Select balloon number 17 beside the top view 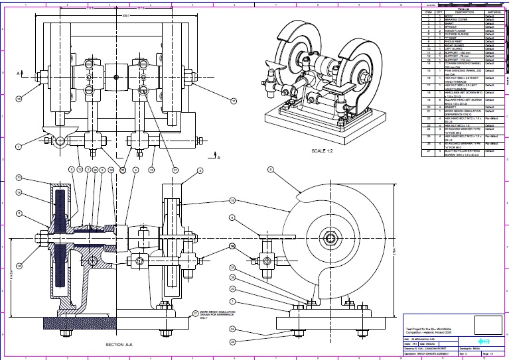click(x=234, y=101)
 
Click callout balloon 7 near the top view click(x=18, y=146)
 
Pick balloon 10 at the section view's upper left click(x=19, y=178)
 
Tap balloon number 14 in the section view click(x=19, y=192)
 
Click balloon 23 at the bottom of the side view click(x=232, y=341)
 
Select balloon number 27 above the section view click(x=175, y=170)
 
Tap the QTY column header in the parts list click(x=439, y=12)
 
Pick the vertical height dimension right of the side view click(x=393, y=254)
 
